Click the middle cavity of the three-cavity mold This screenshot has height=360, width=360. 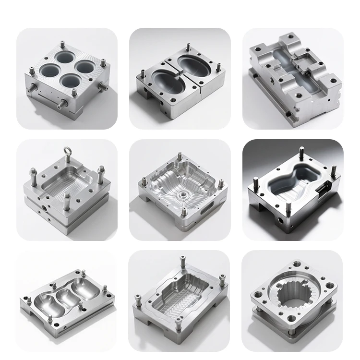(66, 300)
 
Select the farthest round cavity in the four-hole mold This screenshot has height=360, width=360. (65, 58)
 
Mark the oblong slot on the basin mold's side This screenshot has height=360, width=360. (207, 211)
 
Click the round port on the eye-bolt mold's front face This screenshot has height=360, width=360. (44, 208)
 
